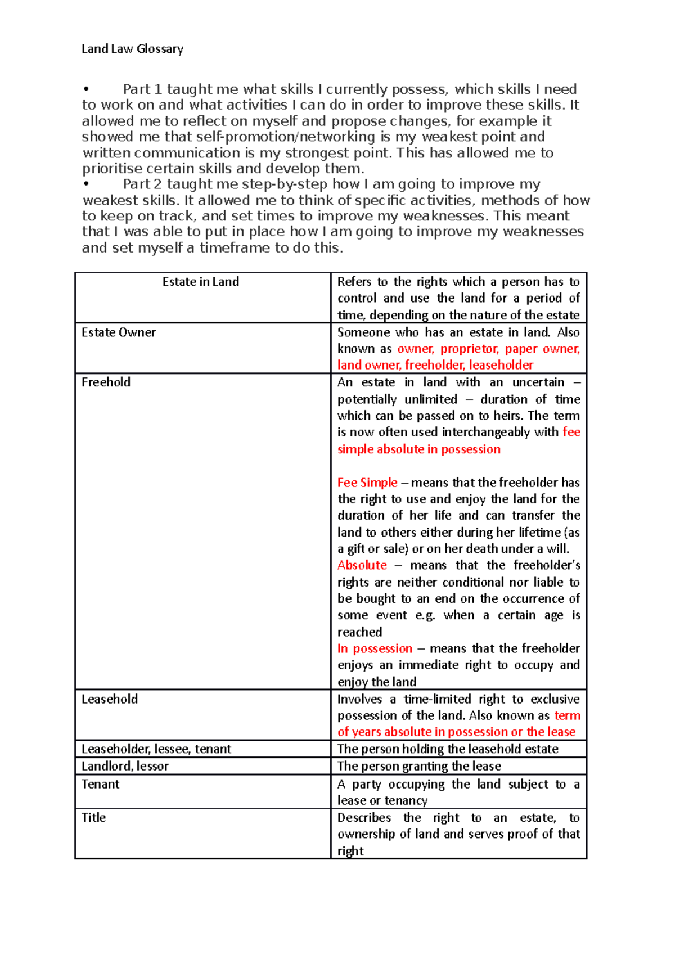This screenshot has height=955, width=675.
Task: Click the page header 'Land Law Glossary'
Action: pos(132,49)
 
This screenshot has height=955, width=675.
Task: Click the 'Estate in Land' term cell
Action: pos(201,282)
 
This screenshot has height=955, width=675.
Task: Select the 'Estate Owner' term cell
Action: pos(119,332)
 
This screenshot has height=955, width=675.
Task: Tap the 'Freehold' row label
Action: pos(106,382)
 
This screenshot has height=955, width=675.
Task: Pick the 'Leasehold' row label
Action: pos(110,699)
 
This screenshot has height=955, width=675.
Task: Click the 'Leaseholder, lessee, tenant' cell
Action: pos(156,749)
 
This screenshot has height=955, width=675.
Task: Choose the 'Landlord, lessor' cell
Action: pos(125,766)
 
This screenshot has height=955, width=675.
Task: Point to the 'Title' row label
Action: pos(93,818)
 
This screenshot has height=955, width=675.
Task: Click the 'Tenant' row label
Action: pos(100,784)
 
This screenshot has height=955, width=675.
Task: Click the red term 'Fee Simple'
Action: pos(367,483)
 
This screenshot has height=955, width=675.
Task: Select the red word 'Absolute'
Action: pos(362,565)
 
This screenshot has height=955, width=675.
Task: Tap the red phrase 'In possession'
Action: pos(375,648)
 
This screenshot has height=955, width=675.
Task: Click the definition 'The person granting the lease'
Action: pos(419,766)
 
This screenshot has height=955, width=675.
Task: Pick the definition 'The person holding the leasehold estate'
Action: pos(448,749)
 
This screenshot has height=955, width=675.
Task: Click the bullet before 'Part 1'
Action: pos(85,89)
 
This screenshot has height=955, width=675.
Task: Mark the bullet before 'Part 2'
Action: pos(85,184)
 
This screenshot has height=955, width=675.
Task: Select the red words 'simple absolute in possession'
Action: pos(418,449)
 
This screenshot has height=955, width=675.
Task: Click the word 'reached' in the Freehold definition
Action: pos(359,632)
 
